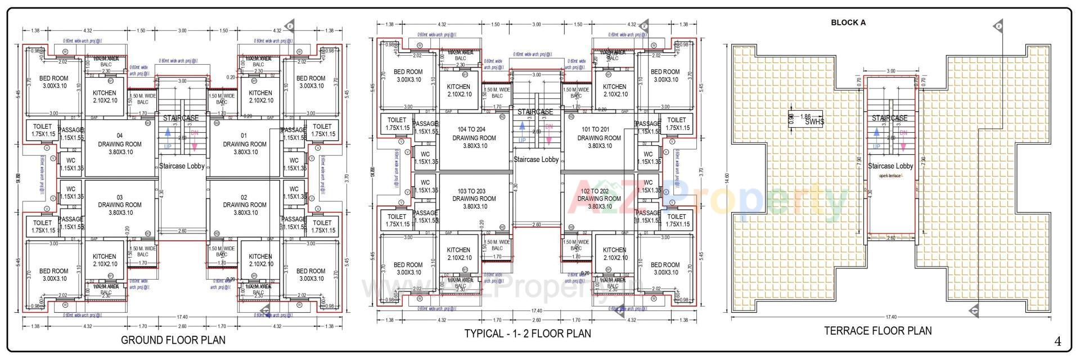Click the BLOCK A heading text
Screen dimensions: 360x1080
[x=848, y=22]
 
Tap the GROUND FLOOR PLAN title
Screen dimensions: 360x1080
[x=173, y=340]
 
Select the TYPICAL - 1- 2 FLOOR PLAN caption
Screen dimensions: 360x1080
[x=527, y=334]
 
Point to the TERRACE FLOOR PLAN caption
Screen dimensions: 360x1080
[x=877, y=331]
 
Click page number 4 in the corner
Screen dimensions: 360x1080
[x=1057, y=341]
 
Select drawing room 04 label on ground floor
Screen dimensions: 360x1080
[x=120, y=144]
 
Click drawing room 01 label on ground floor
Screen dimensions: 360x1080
[x=244, y=144]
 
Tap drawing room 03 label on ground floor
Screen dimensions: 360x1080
[x=120, y=205]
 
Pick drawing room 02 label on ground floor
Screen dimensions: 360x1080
[x=244, y=205]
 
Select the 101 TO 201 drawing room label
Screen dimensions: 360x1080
[x=600, y=137]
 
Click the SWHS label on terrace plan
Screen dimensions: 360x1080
[x=814, y=122]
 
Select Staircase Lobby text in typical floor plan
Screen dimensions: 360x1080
[x=536, y=159]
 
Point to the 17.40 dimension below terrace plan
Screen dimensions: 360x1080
[x=890, y=317]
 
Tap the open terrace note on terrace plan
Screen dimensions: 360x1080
[x=889, y=175]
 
